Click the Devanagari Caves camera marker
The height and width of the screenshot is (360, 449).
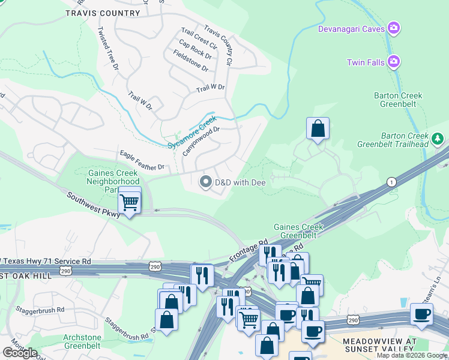[394, 28]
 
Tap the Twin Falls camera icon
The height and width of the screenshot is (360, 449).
[394, 61]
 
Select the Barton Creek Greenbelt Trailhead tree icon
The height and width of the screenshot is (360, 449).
[438, 139]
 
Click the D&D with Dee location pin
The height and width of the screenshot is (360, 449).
[205, 181]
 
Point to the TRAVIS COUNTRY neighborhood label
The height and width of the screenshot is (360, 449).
[103, 13]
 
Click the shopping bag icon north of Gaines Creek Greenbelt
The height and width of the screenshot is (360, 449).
[318, 128]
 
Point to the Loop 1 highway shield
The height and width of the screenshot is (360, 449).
[392, 181]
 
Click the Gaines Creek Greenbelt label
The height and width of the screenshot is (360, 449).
[298, 231]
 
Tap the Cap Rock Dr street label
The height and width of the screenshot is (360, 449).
[196, 49]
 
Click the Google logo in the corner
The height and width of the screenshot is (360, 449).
[20, 352]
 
